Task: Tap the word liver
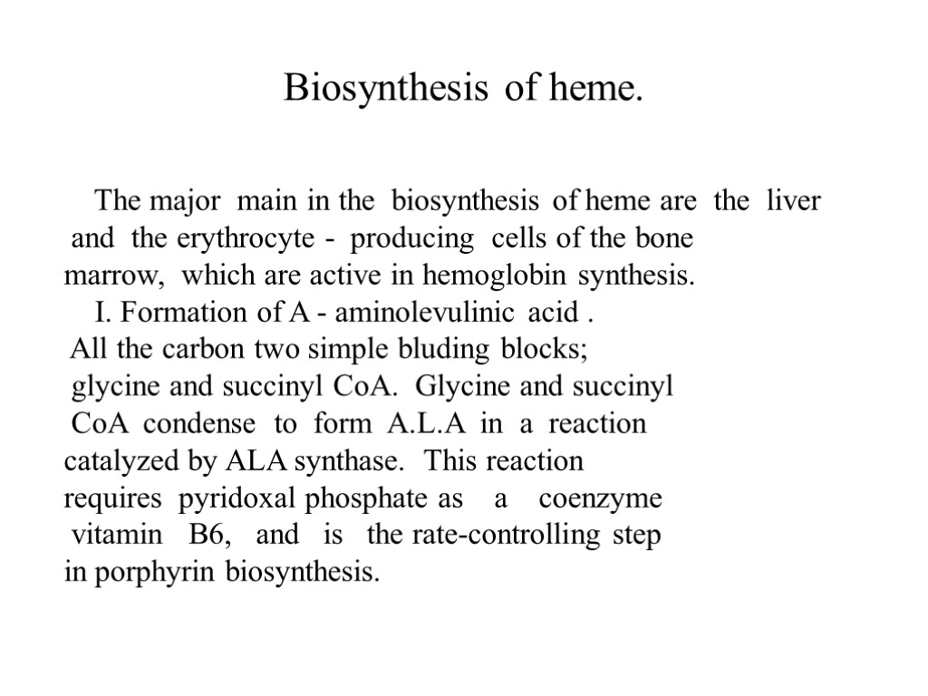point(793,200)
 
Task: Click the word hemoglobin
point(488,275)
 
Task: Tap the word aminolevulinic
point(427,313)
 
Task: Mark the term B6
point(211,536)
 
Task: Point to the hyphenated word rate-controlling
point(506,536)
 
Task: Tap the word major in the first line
point(188,200)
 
